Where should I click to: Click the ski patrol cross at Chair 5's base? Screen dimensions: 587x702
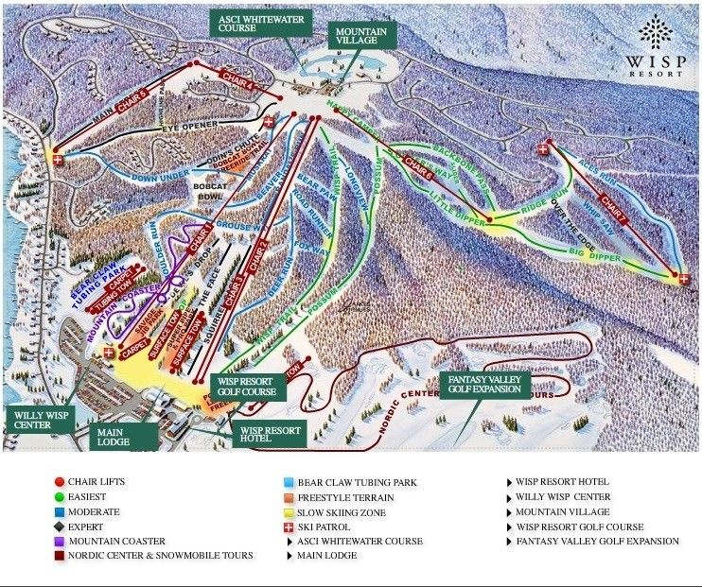pyautogui.click(x=59, y=160)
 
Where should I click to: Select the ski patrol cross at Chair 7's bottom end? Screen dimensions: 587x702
pyautogui.click(x=683, y=278)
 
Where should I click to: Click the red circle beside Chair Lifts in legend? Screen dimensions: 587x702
pyautogui.click(x=59, y=482)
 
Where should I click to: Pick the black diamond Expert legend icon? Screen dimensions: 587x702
pyautogui.click(x=59, y=527)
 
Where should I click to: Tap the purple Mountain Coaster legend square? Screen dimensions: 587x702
pyautogui.click(x=59, y=542)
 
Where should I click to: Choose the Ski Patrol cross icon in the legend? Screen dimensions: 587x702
pyautogui.click(x=290, y=527)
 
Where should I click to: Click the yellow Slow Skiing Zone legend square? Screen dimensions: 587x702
pyautogui.click(x=290, y=511)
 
